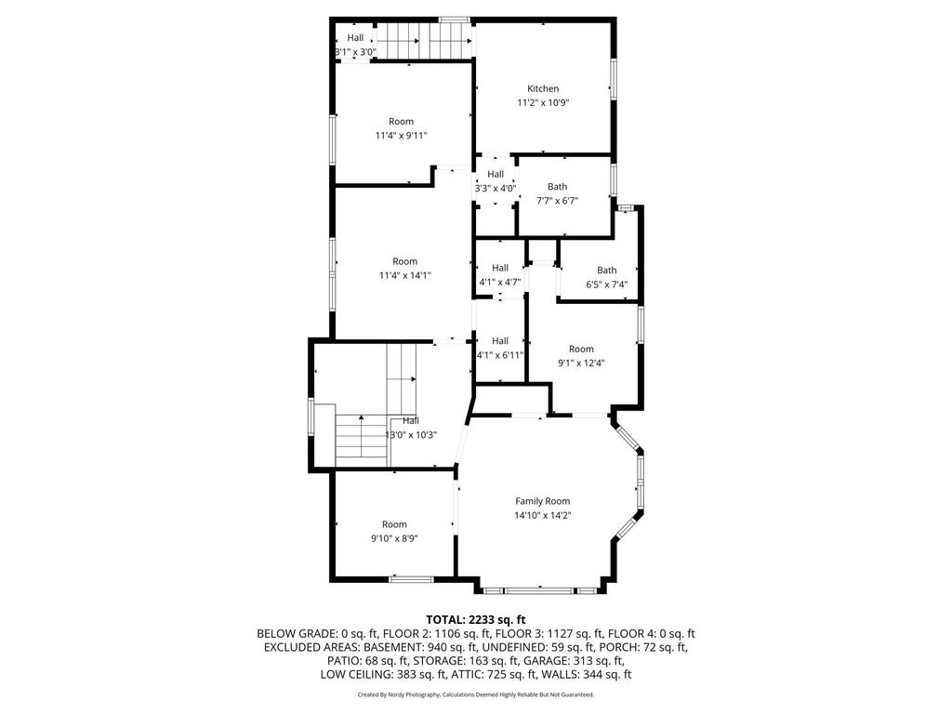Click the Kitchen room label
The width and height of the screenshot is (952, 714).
(543, 88)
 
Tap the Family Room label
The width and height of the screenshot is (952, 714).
(543, 501)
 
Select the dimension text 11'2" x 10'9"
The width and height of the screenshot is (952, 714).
(543, 103)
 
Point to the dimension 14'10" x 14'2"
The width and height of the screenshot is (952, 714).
(543, 516)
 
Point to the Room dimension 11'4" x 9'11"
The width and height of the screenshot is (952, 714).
(402, 136)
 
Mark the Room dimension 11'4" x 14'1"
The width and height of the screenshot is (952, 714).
(405, 275)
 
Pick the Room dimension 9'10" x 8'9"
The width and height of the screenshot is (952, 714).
(394, 538)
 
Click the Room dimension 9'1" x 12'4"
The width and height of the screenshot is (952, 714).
(581, 364)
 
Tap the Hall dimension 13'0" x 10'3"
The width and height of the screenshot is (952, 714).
(411, 435)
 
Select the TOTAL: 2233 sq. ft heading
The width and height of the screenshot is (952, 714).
(475, 620)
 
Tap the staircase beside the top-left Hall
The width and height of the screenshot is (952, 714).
(424, 41)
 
